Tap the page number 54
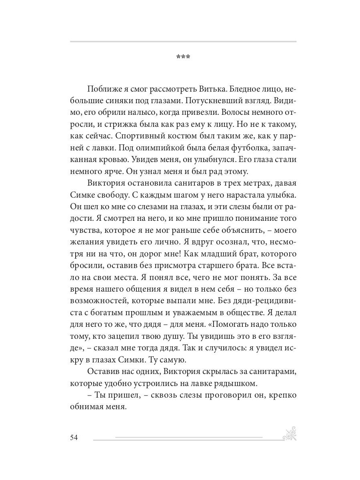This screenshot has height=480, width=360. click(x=74, y=437)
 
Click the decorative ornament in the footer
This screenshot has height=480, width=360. click(x=290, y=434)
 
